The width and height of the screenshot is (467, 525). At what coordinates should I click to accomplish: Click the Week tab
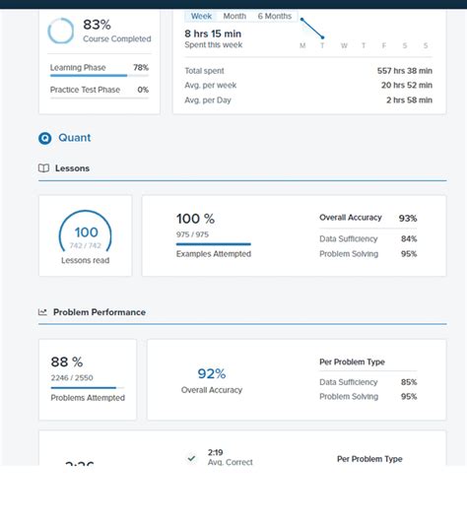201,16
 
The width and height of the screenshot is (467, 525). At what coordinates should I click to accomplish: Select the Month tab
234,16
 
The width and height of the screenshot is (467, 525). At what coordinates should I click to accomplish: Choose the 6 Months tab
275,16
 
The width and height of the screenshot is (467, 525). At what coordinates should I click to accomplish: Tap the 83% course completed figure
97,24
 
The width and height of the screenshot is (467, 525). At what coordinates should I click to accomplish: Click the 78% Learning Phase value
140,68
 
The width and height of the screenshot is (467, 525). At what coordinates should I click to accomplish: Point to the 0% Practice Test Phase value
142,90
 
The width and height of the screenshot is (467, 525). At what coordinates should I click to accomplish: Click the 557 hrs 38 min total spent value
403,70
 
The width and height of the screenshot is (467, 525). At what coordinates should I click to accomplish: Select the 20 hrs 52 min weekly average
405,85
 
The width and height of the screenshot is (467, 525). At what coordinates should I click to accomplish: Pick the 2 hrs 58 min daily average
408,99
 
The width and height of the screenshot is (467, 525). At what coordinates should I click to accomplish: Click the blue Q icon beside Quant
44,138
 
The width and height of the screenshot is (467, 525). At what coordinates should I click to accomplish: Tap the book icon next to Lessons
43,168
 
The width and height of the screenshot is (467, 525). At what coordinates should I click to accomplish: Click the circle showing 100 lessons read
86,235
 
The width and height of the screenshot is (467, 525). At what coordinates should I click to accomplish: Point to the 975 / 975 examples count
193,234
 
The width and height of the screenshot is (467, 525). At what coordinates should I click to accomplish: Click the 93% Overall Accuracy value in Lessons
407,218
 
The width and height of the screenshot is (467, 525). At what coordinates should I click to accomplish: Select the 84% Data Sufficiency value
408,238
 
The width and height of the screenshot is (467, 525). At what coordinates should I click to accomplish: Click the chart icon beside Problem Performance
43,312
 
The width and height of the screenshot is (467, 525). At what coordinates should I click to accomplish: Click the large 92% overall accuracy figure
212,373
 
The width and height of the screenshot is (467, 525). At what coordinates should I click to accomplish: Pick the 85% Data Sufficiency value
408,382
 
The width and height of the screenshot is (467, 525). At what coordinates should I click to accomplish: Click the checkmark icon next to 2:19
191,458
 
